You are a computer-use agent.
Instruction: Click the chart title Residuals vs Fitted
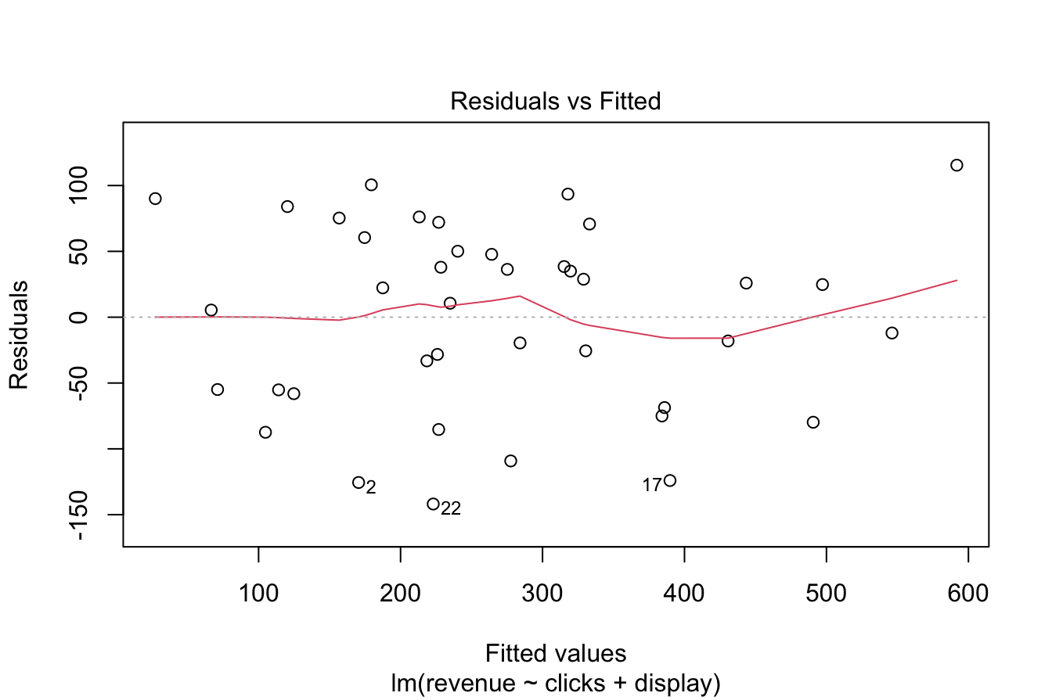(x=556, y=101)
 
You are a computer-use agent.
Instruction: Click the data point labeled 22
(x=433, y=504)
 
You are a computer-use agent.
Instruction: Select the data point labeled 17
(x=669, y=480)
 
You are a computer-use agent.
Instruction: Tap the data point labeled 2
(x=358, y=483)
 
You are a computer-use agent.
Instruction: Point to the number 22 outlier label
(x=451, y=509)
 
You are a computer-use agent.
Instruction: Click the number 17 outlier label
(x=652, y=486)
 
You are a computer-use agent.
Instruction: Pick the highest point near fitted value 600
(x=957, y=165)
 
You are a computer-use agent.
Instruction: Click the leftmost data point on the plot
(x=155, y=199)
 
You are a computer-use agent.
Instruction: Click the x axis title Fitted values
(x=556, y=653)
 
